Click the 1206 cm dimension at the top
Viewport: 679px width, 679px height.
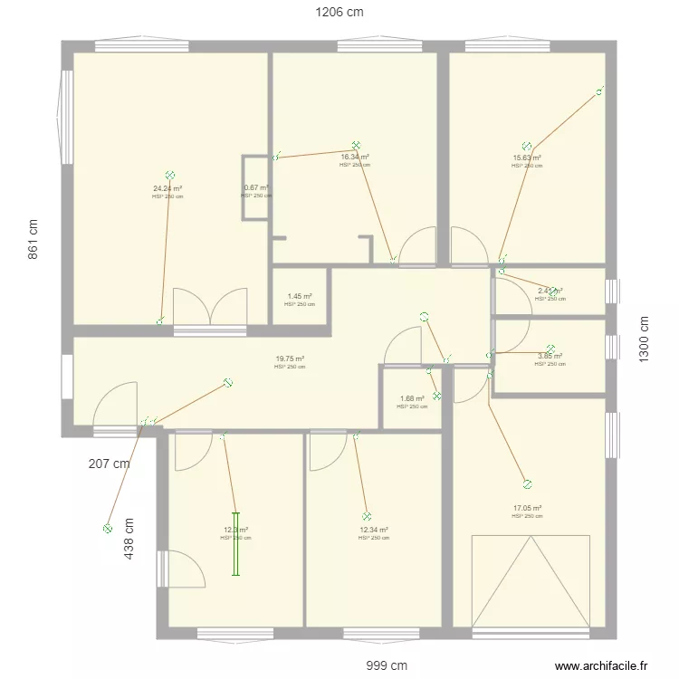(x=339, y=13)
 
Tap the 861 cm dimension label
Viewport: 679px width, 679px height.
(x=33, y=239)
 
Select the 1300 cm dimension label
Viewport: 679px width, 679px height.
(x=644, y=339)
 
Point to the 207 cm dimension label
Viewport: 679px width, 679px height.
(x=109, y=464)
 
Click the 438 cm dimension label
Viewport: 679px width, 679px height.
(x=129, y=540)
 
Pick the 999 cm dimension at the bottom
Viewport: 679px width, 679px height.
(x=380, y=665)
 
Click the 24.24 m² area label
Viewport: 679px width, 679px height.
(x=167, y=189)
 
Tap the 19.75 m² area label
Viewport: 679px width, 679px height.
(x=290, y=359)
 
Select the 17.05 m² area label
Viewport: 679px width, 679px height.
(x=527, y=509)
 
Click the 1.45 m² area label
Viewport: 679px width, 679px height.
(x=300, y=297)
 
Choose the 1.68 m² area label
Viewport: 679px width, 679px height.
(x=412, y=399)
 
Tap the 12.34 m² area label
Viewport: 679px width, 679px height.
(x=373, y=531)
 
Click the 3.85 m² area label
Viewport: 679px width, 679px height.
(x=550, y=357)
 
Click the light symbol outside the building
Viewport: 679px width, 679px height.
(x=107, y=528)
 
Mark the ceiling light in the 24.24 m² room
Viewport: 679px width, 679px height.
(x=169, y=176)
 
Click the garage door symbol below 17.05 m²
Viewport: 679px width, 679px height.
(x=531, y=579)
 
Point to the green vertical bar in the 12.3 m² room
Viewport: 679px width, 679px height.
(x=234, y=544)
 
